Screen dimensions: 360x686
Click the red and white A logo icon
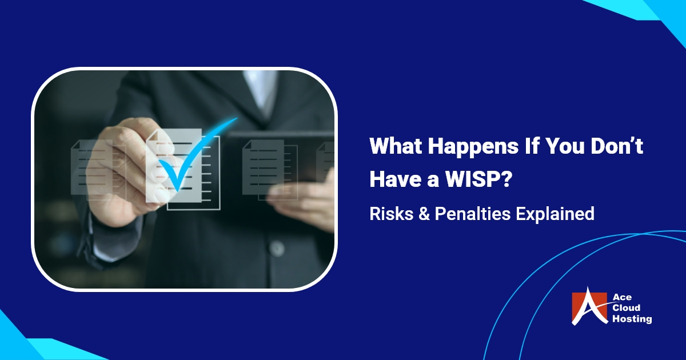(589, 309)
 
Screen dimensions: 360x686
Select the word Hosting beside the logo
(631, 319)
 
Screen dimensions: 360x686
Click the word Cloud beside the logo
(627, 309)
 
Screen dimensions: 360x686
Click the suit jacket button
(276, 248)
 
